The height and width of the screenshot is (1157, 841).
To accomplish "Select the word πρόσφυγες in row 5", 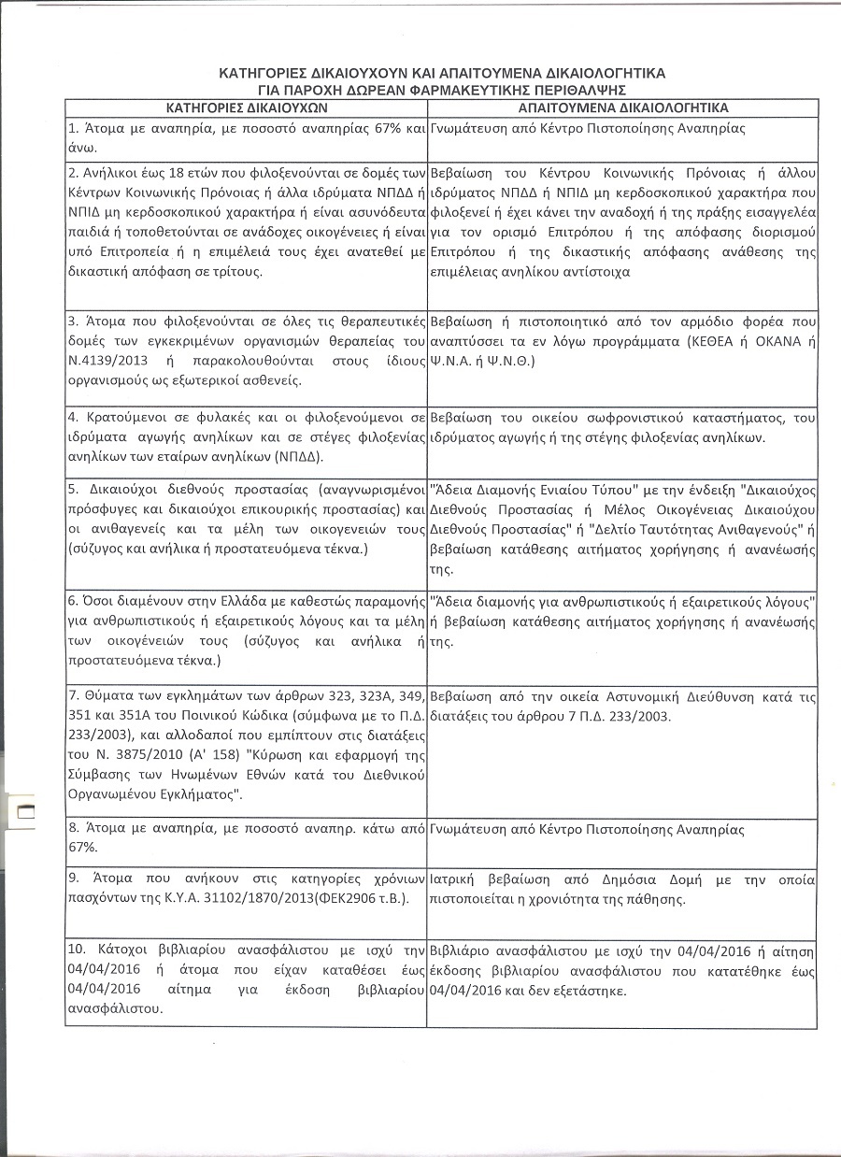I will [x=98, y=508].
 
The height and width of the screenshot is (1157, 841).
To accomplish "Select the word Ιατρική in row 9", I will [x=453, y=879].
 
